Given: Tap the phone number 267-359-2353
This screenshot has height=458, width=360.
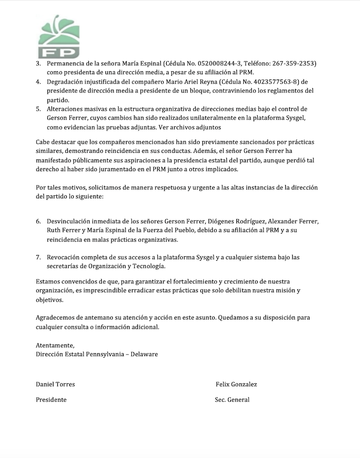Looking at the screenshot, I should click(292, 64).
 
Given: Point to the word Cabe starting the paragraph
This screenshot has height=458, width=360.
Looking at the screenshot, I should click(44, 142).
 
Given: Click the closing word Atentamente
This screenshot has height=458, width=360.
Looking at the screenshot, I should click(55, 345).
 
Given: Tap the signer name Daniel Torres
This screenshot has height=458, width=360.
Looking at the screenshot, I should click(55, 384).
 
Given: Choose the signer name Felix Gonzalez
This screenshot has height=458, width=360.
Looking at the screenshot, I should click(236, 384).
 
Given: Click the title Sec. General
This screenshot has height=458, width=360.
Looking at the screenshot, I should click(232, 400).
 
